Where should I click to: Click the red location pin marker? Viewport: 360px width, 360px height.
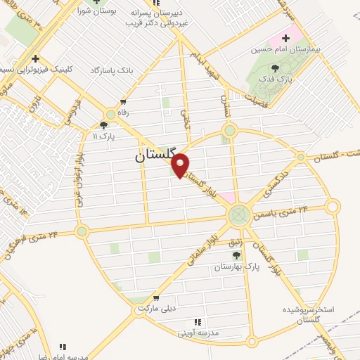181,165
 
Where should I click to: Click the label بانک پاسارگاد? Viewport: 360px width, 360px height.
112,70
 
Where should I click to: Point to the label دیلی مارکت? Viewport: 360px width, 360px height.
155,308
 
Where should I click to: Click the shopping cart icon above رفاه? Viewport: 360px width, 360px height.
124,102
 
